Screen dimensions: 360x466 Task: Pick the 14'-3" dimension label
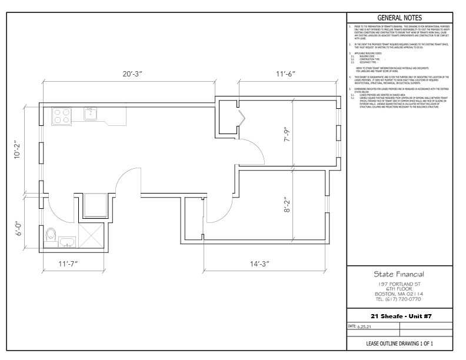coord(258,264)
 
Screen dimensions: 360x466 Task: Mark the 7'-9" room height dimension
coord(287,135)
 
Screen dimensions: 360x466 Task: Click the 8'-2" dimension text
coord(287,206)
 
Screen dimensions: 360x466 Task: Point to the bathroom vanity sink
coord(66,241)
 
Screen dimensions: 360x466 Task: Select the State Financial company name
coord(400,274)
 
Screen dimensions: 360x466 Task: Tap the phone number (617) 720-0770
coord(400,299)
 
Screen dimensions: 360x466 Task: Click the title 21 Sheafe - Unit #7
coord(400,316)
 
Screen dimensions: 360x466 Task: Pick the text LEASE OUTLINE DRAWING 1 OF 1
coord(400,344)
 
